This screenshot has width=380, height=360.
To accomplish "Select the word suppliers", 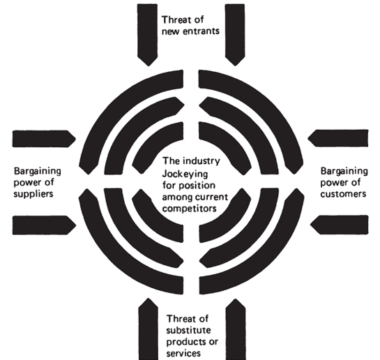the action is pyautogui.click(x=33, y=194).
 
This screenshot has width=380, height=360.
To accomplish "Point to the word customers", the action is pyautogui.click(x=343, y=194).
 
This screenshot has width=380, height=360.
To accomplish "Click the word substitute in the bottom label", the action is pyautogui.click(x=188, y=330).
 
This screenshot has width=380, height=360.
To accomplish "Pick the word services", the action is pyautogui.click(x=183, y=353).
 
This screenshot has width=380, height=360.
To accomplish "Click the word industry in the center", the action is pyautogui.click(x=202, y=160).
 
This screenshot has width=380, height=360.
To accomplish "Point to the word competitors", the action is pyautogui.click(x=189, y=209).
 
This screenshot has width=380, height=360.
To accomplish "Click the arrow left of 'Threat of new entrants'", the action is pyautogui.click(x=147, y=35).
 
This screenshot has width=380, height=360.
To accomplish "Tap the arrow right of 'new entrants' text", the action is pyautogui.click(x=235, y=35).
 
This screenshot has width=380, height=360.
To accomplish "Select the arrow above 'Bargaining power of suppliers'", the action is pyautogui.click(x=44, y=139).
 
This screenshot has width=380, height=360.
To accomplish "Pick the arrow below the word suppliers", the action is pyautogui.click(x=44, y=225).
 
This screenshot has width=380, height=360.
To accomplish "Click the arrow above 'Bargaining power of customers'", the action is pyautogui.click(x=338, y=138).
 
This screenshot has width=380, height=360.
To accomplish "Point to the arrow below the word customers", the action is pyautogui.click(x=340, y=225).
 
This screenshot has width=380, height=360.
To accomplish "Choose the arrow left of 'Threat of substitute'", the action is pyautogui.click(x=149, y=329).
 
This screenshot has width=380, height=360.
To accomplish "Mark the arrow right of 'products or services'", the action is pyautogui.click(x=236, y=329).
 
